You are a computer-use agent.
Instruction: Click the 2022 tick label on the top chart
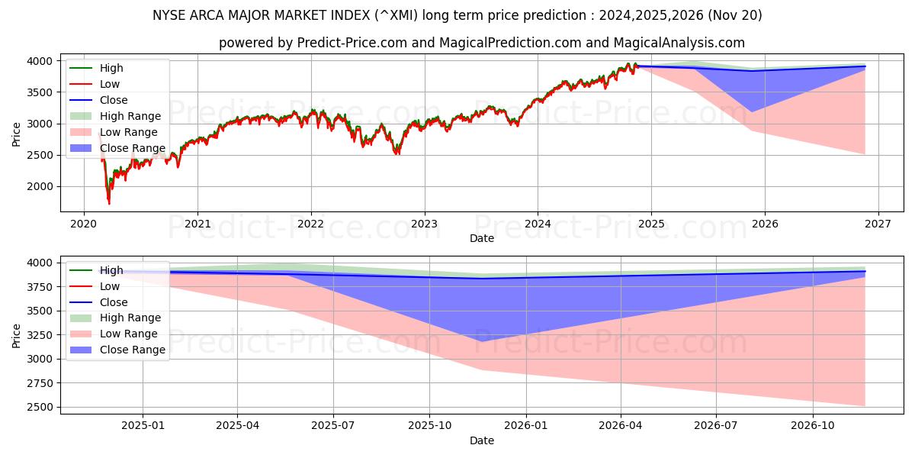pos(310,224)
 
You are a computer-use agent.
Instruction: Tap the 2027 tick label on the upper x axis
pos(878,224)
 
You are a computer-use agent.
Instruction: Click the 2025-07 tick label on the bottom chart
pos(333,426)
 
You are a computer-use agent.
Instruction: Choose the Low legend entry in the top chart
pos(110,84)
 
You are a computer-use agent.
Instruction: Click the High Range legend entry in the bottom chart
pos(130,318)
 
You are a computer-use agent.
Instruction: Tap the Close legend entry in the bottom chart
pos(114,302)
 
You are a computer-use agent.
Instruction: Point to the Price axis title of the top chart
pos(17,133)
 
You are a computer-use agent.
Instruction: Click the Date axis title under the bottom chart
pos(481,440)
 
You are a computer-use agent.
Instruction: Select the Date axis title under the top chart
pos(481,238)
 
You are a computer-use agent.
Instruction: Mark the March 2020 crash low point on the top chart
pos(109,203)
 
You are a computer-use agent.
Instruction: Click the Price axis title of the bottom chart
pos(17,335)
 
